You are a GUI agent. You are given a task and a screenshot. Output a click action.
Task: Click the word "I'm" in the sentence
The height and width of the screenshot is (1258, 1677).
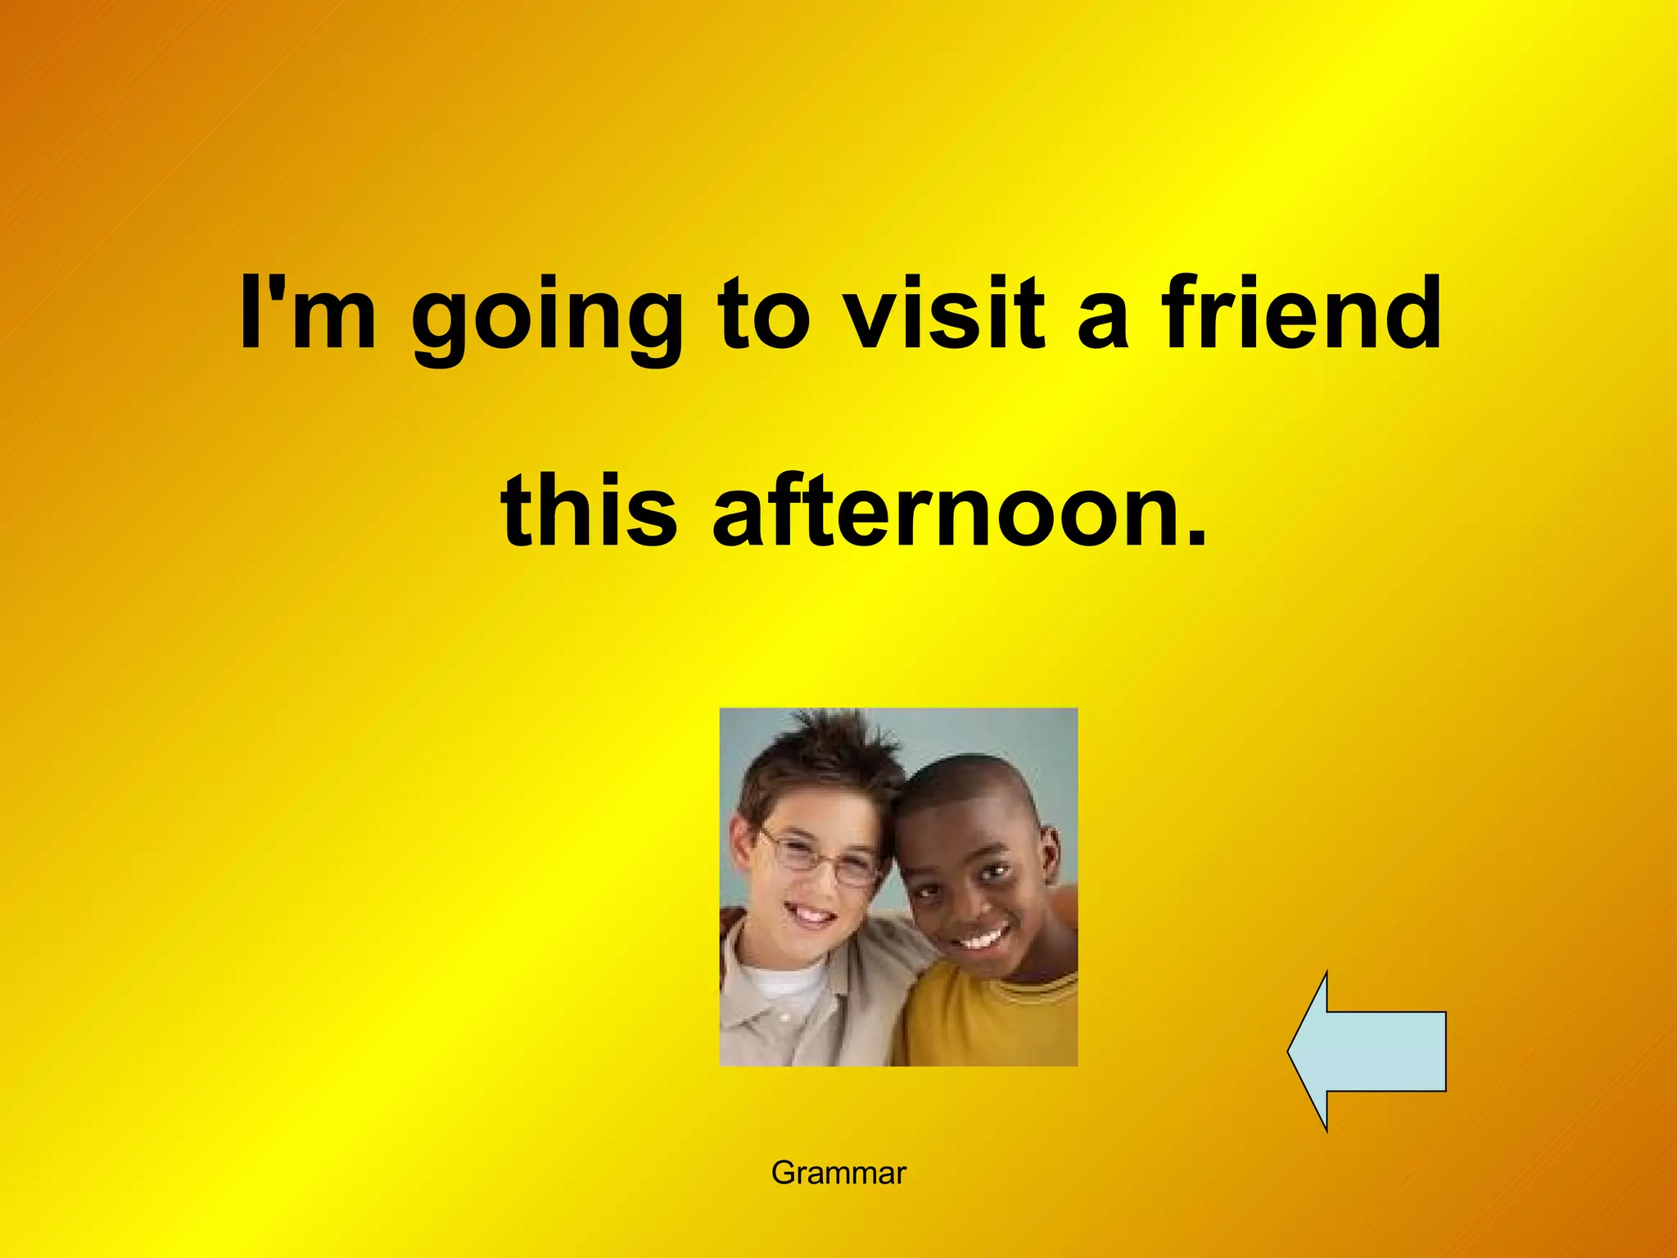308,313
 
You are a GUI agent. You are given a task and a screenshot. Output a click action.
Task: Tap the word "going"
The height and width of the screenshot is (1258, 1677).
547,319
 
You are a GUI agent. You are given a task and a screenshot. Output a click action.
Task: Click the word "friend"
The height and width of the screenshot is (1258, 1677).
1302,313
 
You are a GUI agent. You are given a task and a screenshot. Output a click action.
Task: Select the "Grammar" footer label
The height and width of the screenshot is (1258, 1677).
838,1173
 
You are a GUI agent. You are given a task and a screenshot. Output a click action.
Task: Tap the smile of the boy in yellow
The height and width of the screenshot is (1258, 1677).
983,938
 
